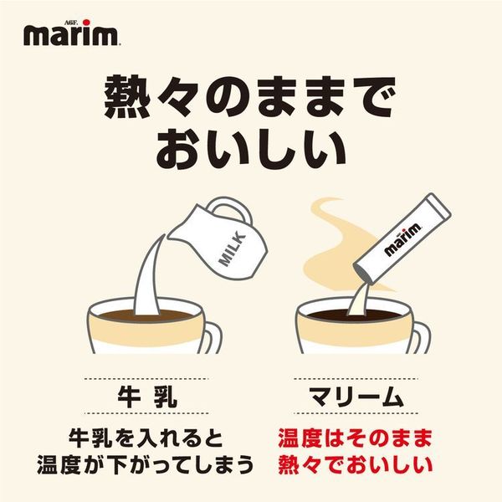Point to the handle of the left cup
[x=213, y=338]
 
